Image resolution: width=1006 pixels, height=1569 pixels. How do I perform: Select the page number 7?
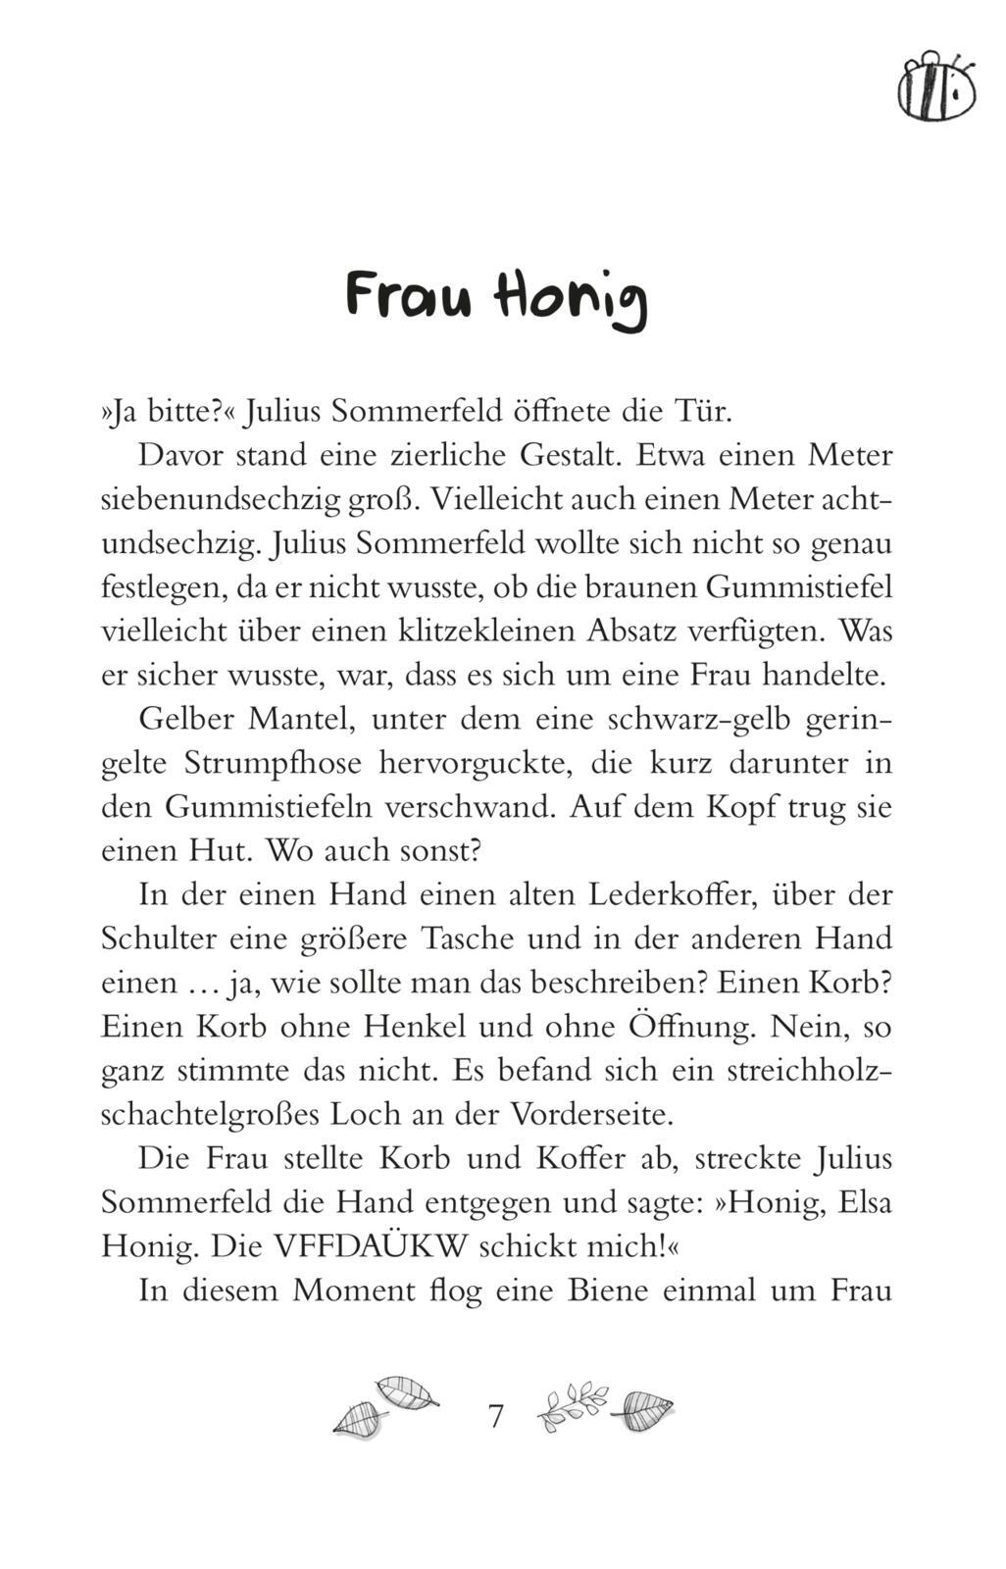point(496,1416)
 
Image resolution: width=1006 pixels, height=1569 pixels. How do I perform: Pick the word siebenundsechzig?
point(221,500)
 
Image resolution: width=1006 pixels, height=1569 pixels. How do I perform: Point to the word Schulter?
point(159,938)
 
